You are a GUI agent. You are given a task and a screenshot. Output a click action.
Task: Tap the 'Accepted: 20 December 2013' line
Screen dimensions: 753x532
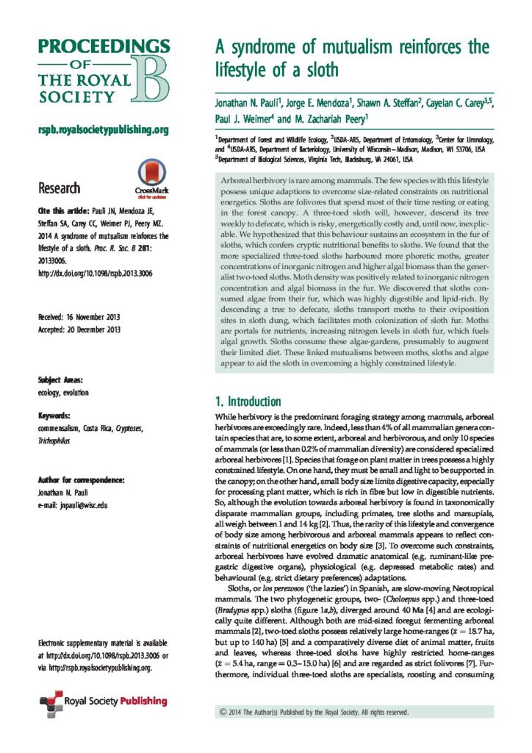79,329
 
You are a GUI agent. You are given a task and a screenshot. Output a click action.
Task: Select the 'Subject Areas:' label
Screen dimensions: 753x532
60,380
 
